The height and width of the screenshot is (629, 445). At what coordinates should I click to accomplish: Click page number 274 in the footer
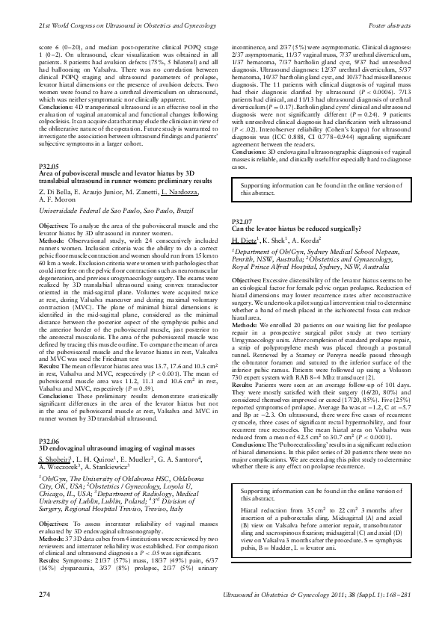pyautogui.click(x=44, y=614)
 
